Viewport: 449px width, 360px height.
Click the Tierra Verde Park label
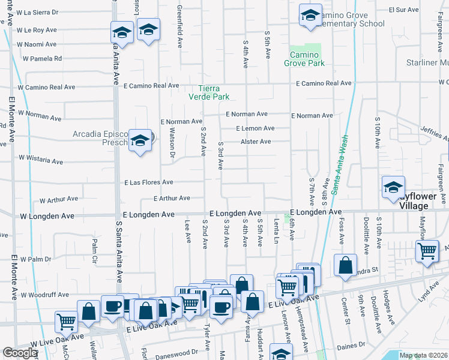pyautogui.click(x=209, y=91)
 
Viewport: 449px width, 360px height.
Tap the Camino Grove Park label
pyautogui.click(x=304, y=59)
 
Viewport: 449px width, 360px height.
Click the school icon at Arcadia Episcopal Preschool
pyautogui.click(x=140, y=142)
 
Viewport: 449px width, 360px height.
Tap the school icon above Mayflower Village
pyautogui.click(x=393, y=188)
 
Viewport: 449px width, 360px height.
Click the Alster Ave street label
pyautogui.click(x=256, y=142)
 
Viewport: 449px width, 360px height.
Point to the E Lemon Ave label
pyautogui.click(x=255, y=128)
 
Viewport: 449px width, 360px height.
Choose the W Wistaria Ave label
pyautogui.click(x=41, y=159)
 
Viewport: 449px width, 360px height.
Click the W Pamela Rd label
pyautogui.click(x=43, y=59)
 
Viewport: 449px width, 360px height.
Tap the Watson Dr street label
pyautogui.click(x=172, y=145)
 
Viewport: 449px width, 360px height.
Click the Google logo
pyautogui.click(x=20, y=353)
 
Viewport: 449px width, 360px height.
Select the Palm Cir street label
pyautogui.click(x=94, y=247)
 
